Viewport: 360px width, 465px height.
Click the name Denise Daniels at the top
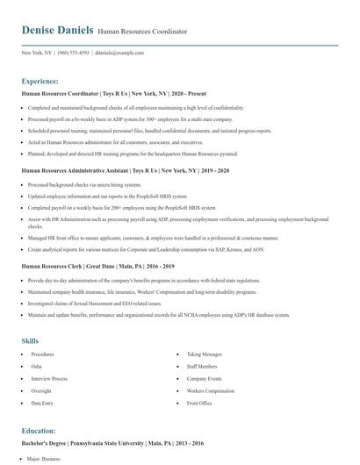pyautogui.click(x=57, y=31)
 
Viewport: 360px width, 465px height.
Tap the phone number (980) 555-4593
pyautogui.click(x=73, y=53)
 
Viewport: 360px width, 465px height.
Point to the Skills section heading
pyautogui.click(x=31, y=340)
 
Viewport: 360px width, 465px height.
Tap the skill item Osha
pyautogui.click(x=36, y=366)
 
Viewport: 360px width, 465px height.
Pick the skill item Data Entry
pyautogui.click(x=41, y=403)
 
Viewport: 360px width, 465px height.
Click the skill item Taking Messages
pyautogui.click(x=203, y=354)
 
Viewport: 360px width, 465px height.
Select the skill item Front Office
pyautogui.click(x=199, y=403)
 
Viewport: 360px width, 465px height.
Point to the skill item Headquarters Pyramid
pyautogui.click(x=209, y=378)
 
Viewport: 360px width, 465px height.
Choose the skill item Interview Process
pyautogui.click(x=49, y=378)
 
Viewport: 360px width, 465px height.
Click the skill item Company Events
pyautogui.click(x=203, y=390)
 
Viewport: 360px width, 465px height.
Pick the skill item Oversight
pyautogui.click(x=40, y=390)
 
